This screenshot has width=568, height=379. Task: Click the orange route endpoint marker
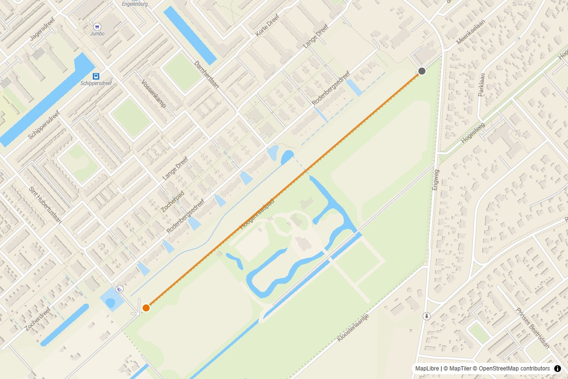146,307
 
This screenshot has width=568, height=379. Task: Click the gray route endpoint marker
422,71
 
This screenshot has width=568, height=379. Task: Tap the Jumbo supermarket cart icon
97,27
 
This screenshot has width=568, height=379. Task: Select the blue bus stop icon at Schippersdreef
96,76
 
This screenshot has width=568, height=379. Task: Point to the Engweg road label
435,180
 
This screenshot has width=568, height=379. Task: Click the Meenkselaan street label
468,35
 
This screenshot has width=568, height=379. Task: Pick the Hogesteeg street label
474,131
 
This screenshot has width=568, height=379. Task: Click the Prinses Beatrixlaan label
532,328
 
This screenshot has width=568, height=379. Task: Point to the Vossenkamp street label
153,93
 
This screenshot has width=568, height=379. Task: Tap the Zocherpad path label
172,201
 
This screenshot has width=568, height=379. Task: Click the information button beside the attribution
557,369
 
